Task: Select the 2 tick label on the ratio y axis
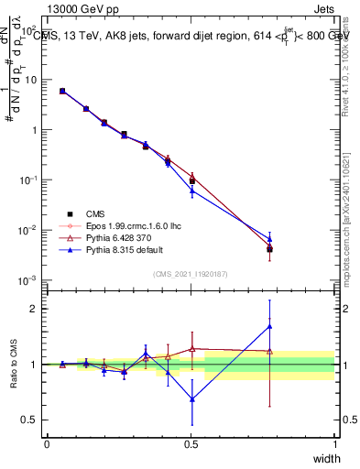pos(34,309)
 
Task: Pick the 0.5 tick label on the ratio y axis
pos(29,420)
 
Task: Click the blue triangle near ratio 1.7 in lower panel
pos(269,326)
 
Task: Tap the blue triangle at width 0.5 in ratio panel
pos(191,398)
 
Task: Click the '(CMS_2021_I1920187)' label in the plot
pos(191,273)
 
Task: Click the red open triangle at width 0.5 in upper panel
pos(191,177)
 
